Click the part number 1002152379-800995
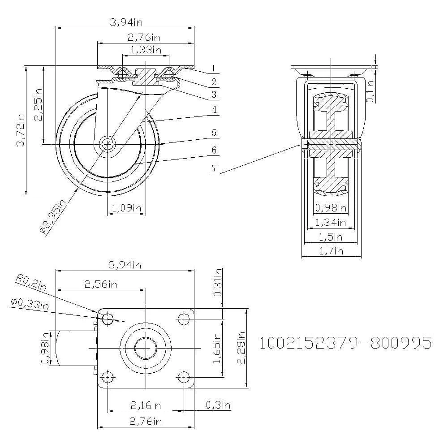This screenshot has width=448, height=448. tap(345, 343)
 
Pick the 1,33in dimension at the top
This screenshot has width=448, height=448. tap(146, 49)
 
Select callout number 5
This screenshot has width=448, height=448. tap(214, 133)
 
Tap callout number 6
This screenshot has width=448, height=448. tap(214, 150)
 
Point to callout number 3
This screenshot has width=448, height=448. tap(214, 95)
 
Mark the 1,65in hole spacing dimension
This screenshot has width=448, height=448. tap(218, 348)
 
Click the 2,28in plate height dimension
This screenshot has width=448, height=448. tap(241, 348)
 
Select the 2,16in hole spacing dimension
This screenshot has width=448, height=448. tap(146, 405)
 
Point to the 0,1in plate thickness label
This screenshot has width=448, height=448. tap(370, 91)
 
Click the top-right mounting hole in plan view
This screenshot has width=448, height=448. tap(184, 319)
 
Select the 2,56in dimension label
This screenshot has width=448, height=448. tap(101, 284)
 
